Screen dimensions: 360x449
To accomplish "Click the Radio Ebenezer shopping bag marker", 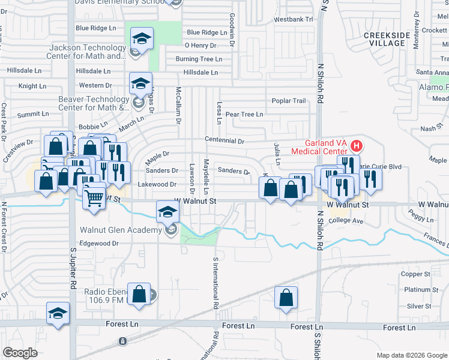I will pyautogui.click(x=139, y=295).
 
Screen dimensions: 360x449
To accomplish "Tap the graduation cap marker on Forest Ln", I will pyautogui.click(x=58, y=314).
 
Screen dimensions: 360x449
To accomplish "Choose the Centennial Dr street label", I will pyautogui.click(x=224, y=142).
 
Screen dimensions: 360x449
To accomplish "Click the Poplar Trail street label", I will pyautogui.click(x=289, y=101).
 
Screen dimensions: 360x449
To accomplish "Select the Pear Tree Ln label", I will pyautogui.click(x=244, y=114).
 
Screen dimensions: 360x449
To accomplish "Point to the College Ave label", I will pyautogui.click(x=346, y=221).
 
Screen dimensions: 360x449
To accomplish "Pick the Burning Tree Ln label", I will pyautogui.click(x=199, y=59).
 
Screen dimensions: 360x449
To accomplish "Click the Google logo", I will pyautogui.click(x=20, y=353).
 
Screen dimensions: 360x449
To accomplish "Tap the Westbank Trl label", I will pyautogui.click(x=294, y=19).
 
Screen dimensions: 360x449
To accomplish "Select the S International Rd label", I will pyautogui.click(x=215, y=284).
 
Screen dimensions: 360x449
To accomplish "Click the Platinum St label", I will pyautogui.click(x=421, y=290).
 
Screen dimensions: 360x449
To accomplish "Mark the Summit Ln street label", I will pyautogui.click(x=33, y=114).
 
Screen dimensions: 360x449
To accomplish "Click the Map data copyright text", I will pyautogui.click(x=411, y=355).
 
